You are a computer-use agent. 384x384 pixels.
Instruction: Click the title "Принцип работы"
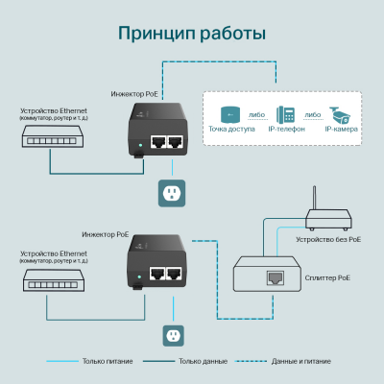[191, 35]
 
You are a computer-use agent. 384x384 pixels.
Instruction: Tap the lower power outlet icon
[173, 335]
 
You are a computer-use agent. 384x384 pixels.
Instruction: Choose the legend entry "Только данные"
[203, 362]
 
